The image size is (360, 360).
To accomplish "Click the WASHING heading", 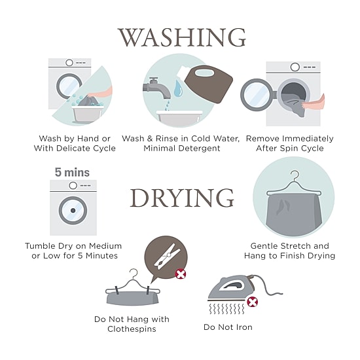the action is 181,37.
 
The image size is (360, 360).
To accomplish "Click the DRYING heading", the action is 182,198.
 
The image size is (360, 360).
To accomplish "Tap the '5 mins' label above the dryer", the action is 72,172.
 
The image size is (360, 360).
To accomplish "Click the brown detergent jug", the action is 207,84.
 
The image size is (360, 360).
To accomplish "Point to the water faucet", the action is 156,88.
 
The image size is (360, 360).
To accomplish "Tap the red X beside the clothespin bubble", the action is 181,274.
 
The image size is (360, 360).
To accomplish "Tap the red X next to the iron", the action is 252,302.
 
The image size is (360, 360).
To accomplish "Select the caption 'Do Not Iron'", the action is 228,327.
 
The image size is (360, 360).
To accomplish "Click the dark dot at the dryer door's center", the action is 73,210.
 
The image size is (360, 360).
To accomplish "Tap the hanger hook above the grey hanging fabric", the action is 295,175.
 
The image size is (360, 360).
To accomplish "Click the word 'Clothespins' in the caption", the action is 132,329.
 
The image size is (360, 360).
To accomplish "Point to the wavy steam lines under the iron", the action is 227,309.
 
